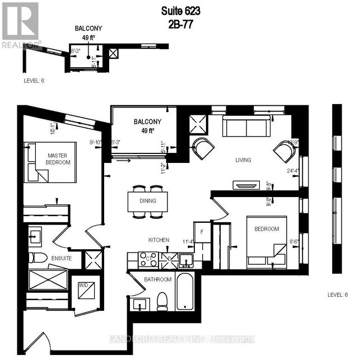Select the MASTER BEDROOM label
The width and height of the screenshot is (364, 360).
pos(58,158)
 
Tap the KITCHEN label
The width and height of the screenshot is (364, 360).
pos(158,240)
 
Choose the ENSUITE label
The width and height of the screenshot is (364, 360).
pos(61,258)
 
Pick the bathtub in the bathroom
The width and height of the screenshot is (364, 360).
pos(184,291)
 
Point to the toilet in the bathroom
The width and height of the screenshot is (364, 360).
pos(162,301)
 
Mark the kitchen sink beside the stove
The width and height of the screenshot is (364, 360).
pos(185,259)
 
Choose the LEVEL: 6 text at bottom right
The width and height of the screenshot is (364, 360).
pos(338,295)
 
